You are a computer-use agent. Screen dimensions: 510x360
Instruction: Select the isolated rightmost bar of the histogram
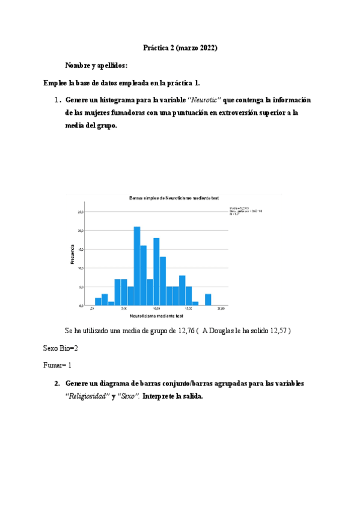[x=208, y=300]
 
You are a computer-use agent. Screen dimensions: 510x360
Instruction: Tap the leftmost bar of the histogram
[x=98, y=301]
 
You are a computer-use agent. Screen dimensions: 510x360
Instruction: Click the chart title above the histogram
[x=173, y=198]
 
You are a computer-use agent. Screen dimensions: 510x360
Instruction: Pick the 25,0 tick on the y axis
[x=81, y=212]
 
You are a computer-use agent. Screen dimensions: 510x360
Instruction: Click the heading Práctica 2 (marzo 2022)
[x=180, y=47]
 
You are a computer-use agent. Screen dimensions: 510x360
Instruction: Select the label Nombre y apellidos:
[x=96, y=65]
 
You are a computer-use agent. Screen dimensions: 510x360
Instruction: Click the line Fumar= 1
[x=58, y=364]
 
